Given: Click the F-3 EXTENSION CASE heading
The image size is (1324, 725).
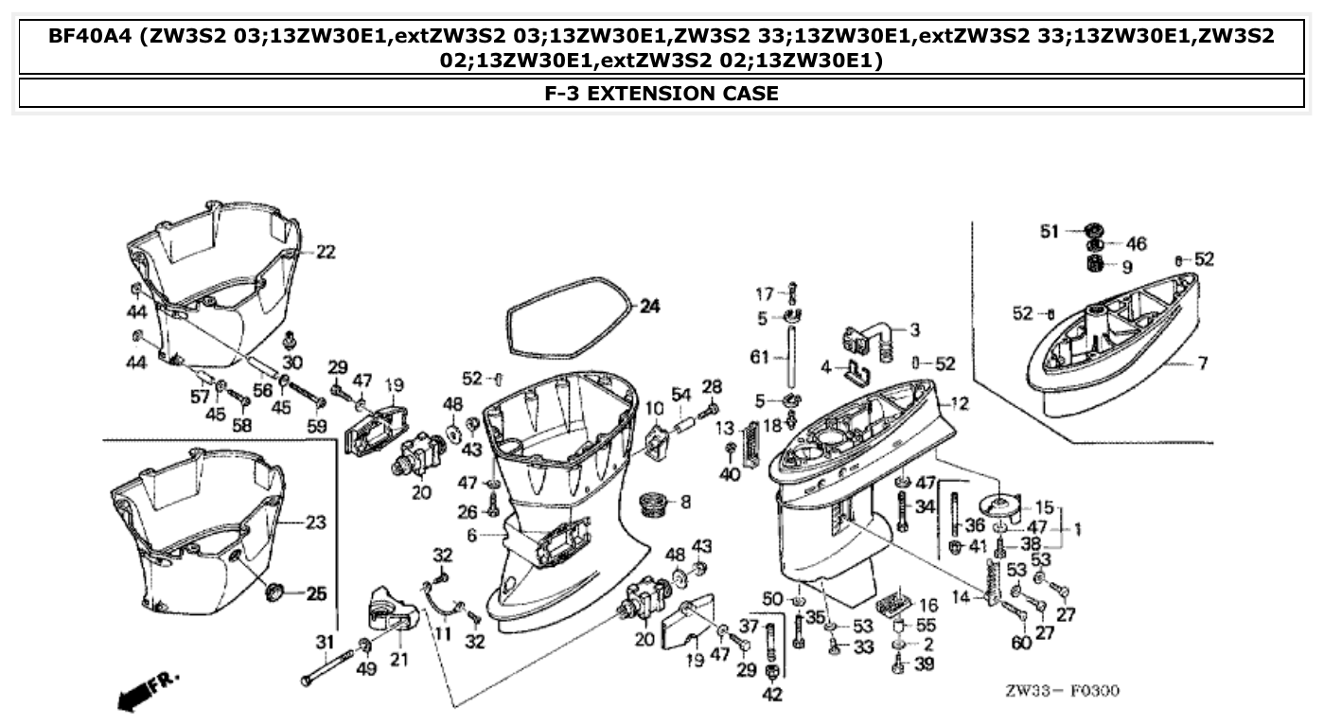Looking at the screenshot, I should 662,94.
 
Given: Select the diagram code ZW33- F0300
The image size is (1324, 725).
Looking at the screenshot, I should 1061,692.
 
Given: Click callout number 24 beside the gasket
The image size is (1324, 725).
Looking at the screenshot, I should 648,307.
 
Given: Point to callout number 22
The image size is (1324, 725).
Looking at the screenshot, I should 326,252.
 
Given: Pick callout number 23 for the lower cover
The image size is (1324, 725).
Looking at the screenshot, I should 315,522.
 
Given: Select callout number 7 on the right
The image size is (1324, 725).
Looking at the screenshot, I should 1202,362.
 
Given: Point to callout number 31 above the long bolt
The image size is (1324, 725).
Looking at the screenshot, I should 324,643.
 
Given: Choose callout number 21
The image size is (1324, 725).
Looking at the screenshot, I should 398,659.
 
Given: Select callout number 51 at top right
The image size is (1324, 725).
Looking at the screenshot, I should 1050,232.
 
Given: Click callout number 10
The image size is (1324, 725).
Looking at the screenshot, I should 653,408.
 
